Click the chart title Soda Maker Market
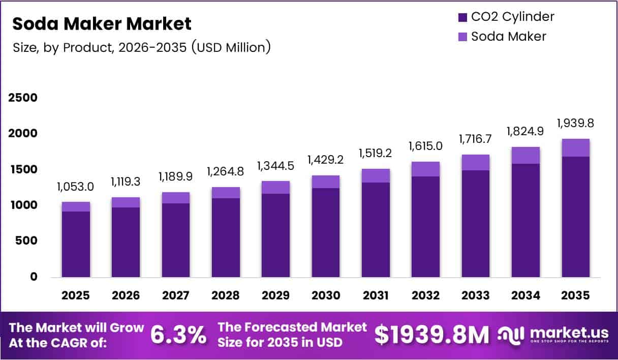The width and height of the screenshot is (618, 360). point(102,24)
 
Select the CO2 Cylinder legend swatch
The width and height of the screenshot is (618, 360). point(462,17)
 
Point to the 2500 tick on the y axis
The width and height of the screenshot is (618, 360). point(23,98)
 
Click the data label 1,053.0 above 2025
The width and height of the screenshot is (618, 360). point(76,187)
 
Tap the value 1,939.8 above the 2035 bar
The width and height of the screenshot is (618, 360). point(575,124)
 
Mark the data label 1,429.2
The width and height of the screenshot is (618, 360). point(326,160)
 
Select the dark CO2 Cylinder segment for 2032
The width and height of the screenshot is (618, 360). point(426,226)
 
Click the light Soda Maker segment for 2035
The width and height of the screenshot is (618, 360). point(576,147)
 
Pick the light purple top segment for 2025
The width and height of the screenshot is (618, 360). point(76,206)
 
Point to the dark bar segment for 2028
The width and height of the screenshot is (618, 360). point(226,237)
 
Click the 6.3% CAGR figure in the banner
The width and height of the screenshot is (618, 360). point(178,335)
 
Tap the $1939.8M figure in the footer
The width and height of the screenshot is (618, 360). point(431,335)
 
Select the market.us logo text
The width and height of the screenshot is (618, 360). point(569,333)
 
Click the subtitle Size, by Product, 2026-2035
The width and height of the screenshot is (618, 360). point(141,48)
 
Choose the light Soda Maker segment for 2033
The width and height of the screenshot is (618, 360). point(476,162)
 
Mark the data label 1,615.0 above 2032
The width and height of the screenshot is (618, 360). point(426,146)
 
